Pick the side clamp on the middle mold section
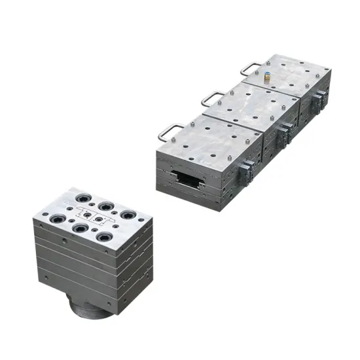tap(285, 134)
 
